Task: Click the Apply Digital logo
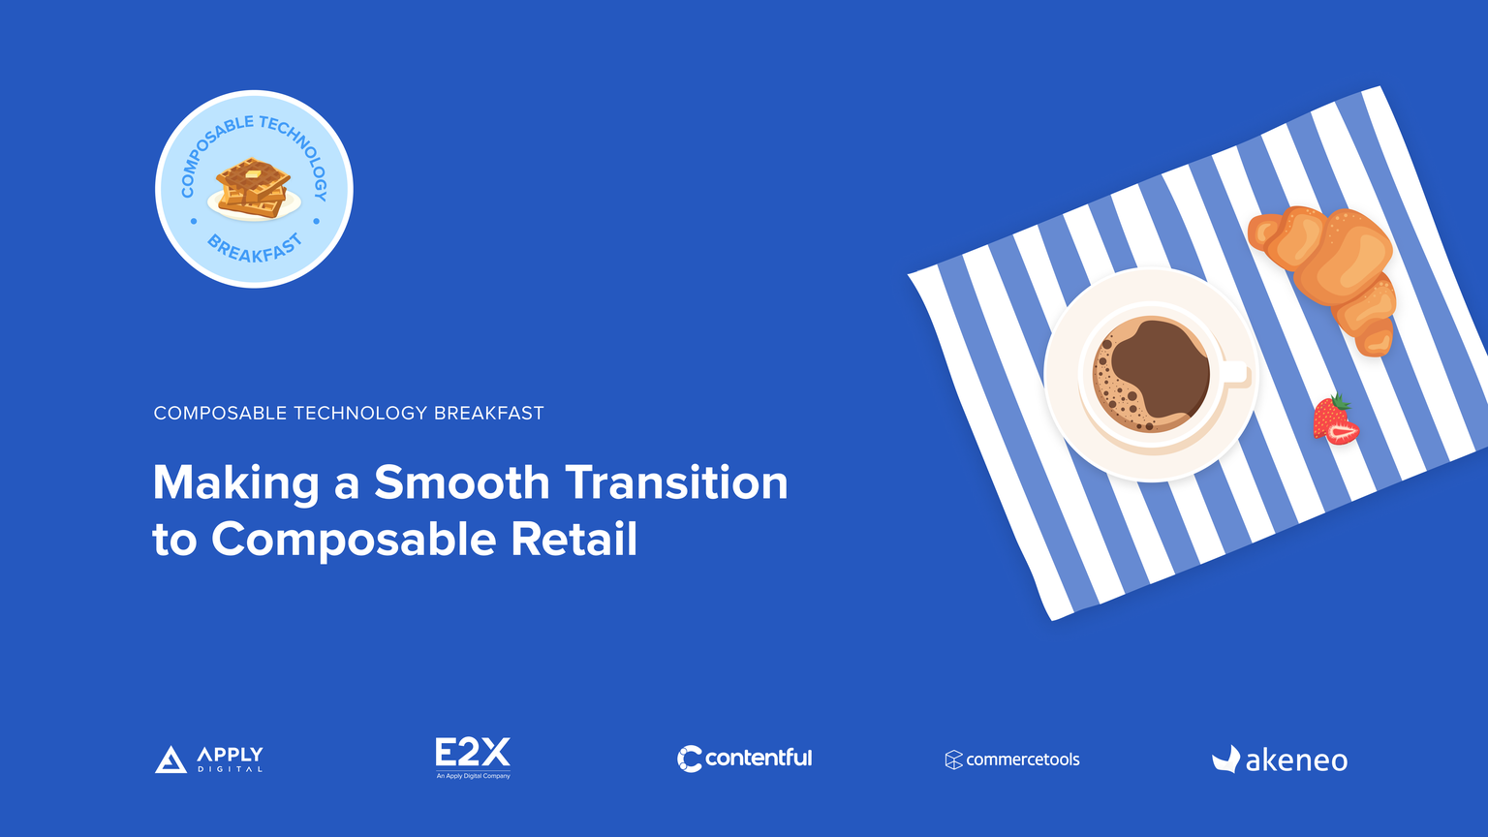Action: click(208, 759)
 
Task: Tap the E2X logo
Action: click(473, 758)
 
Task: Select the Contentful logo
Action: click(744, 759)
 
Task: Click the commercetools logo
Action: click(1012, 759)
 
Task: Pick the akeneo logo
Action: click(1280, 759)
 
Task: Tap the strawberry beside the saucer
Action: click(1335, 419)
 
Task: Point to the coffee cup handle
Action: click(1235, 373)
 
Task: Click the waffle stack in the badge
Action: click(253, 189)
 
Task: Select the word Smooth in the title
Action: click(462, 482)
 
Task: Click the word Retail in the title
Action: click(573, 539)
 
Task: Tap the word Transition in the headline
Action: click(676, 482)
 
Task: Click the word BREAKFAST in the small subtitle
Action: click(489, 414)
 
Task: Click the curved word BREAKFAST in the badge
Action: click(255, 249)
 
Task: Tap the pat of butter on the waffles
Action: click(253, 174)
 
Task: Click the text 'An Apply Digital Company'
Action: click(473, 776)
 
